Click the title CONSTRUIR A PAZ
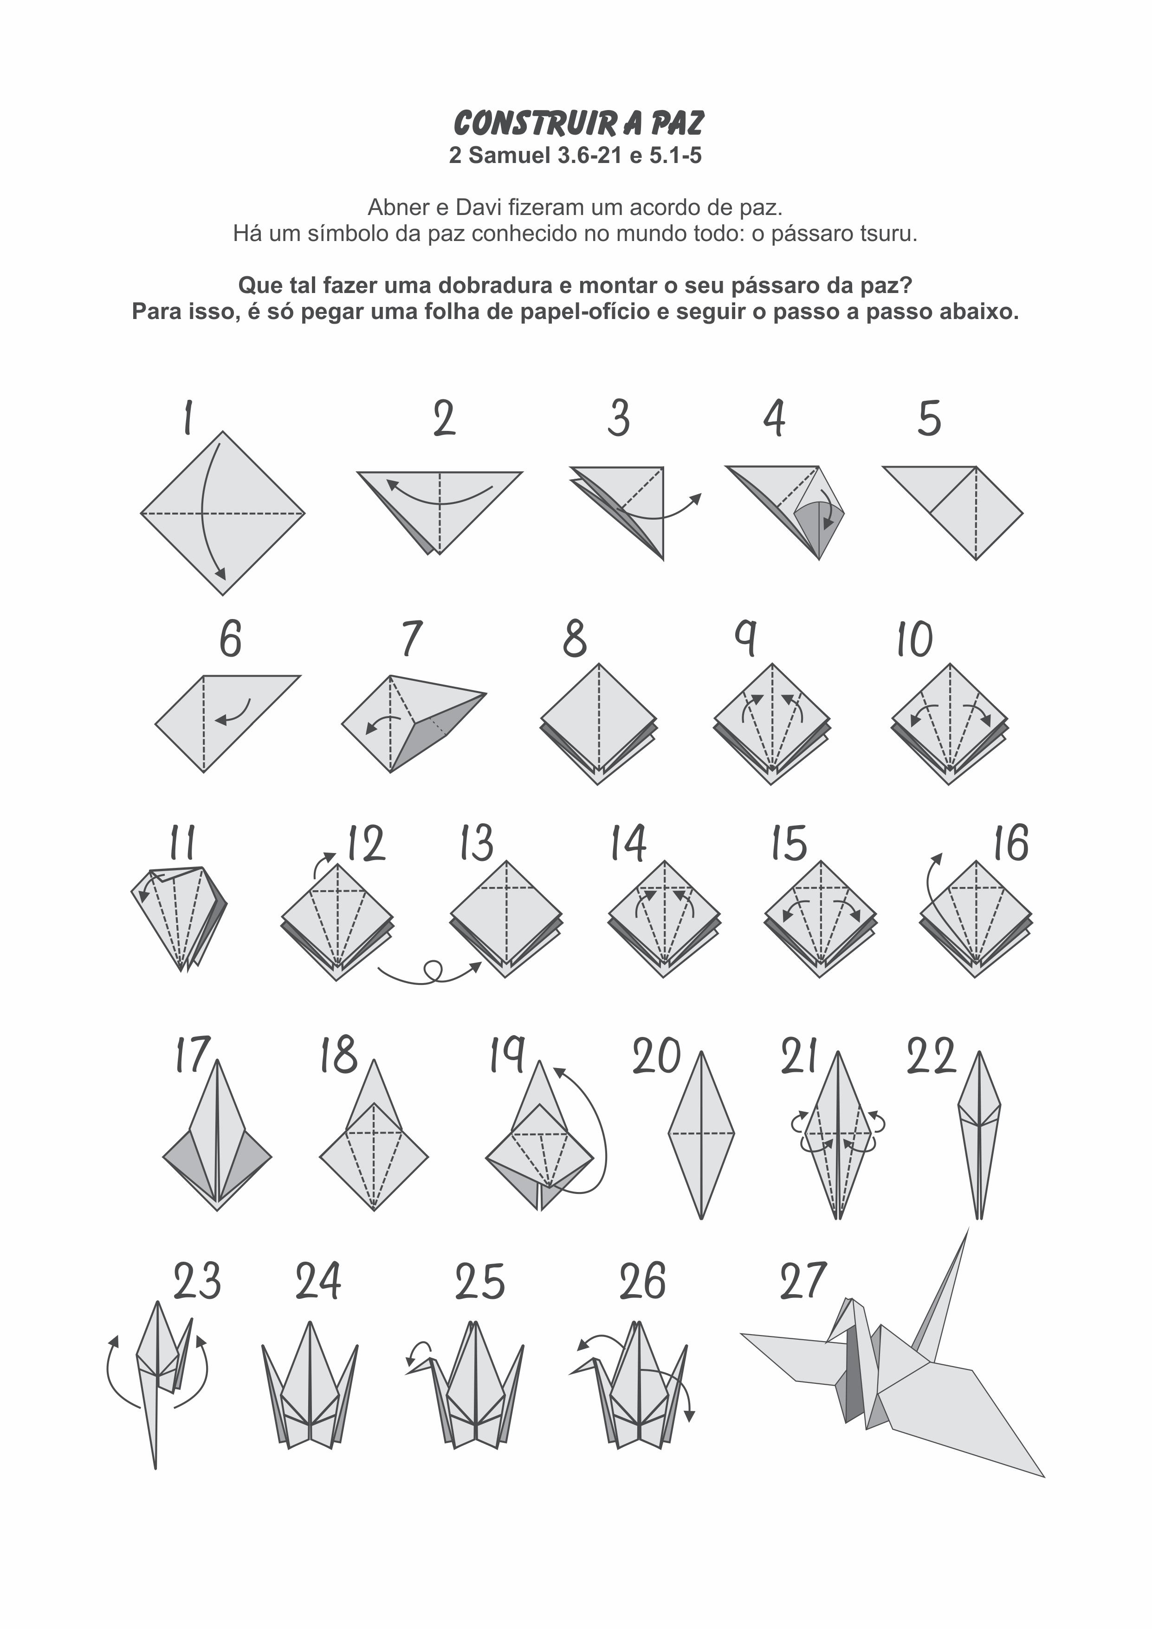(578, 123)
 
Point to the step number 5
(929, 418)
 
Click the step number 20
(657, 1057)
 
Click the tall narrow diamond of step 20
(701, 1134)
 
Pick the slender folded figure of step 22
(979, 1134)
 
